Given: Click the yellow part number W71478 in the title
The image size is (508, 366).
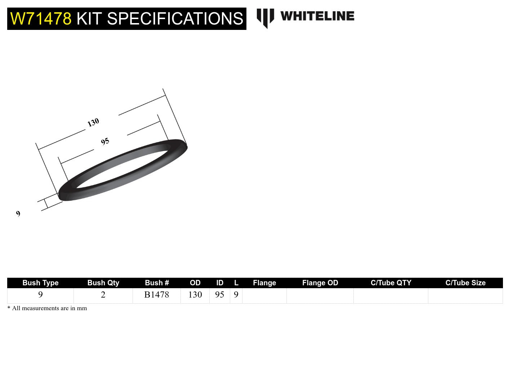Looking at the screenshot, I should (41, 19).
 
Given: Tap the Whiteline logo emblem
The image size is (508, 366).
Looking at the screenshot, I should (265, 18).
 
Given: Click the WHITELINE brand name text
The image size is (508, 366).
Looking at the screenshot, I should (317, 16).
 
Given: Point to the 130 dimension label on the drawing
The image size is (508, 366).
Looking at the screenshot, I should (93, 122).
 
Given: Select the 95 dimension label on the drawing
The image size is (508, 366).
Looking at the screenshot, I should (105, 142).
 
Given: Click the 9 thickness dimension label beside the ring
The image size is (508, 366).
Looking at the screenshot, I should (18, 214).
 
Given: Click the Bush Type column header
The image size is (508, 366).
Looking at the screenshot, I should (40, 283).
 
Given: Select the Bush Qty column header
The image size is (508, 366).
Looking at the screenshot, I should (103, 283).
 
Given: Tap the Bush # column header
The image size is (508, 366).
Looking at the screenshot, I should (157, 283).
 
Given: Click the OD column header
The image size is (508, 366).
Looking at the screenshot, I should (195, 283).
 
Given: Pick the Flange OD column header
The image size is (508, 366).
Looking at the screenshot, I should (320, 283).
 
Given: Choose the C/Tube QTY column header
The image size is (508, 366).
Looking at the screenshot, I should (391, 283).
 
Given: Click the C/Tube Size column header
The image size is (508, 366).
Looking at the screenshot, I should (465, 283).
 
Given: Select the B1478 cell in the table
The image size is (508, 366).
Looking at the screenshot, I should (157, 295).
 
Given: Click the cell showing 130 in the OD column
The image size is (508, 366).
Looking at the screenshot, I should (195, 295).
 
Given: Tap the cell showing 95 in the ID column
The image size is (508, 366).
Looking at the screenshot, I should (220, 295).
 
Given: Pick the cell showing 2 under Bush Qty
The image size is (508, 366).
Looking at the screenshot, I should (103, 295).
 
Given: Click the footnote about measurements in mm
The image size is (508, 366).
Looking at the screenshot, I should (47, 308).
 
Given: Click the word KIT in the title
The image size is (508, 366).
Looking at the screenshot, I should (89, 19).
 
